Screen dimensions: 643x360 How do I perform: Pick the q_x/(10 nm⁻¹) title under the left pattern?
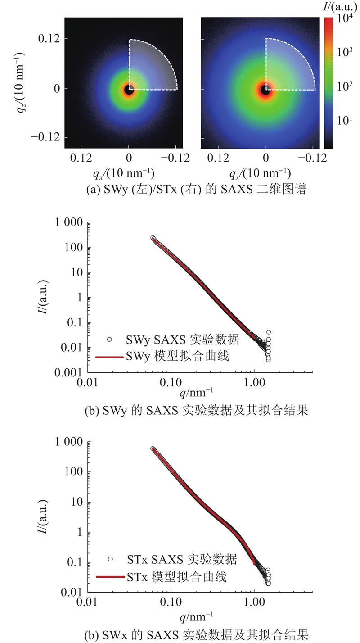tap(130, 174)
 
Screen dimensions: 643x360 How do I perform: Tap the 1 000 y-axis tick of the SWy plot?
tap(68, 222)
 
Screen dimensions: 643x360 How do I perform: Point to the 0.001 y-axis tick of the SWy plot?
tap(70, 373)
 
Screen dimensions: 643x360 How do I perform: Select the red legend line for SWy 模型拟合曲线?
tap(109, 357)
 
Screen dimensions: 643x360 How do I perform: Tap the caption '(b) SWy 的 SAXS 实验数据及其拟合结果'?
tap(196, 412)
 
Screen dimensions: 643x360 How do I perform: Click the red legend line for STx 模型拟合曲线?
tap(109, 576)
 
